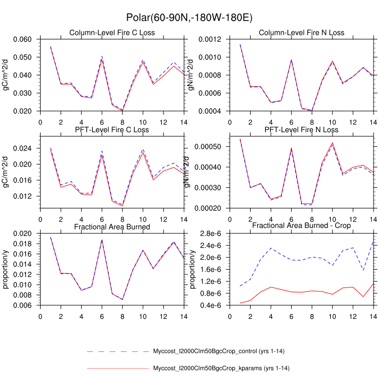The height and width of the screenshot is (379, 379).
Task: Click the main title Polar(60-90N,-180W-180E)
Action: (189, 18)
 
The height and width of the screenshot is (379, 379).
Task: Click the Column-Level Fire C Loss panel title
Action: (112, 32)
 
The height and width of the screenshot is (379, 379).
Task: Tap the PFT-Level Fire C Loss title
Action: (112, 129)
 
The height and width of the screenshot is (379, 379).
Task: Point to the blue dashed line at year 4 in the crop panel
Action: (271, 248)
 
